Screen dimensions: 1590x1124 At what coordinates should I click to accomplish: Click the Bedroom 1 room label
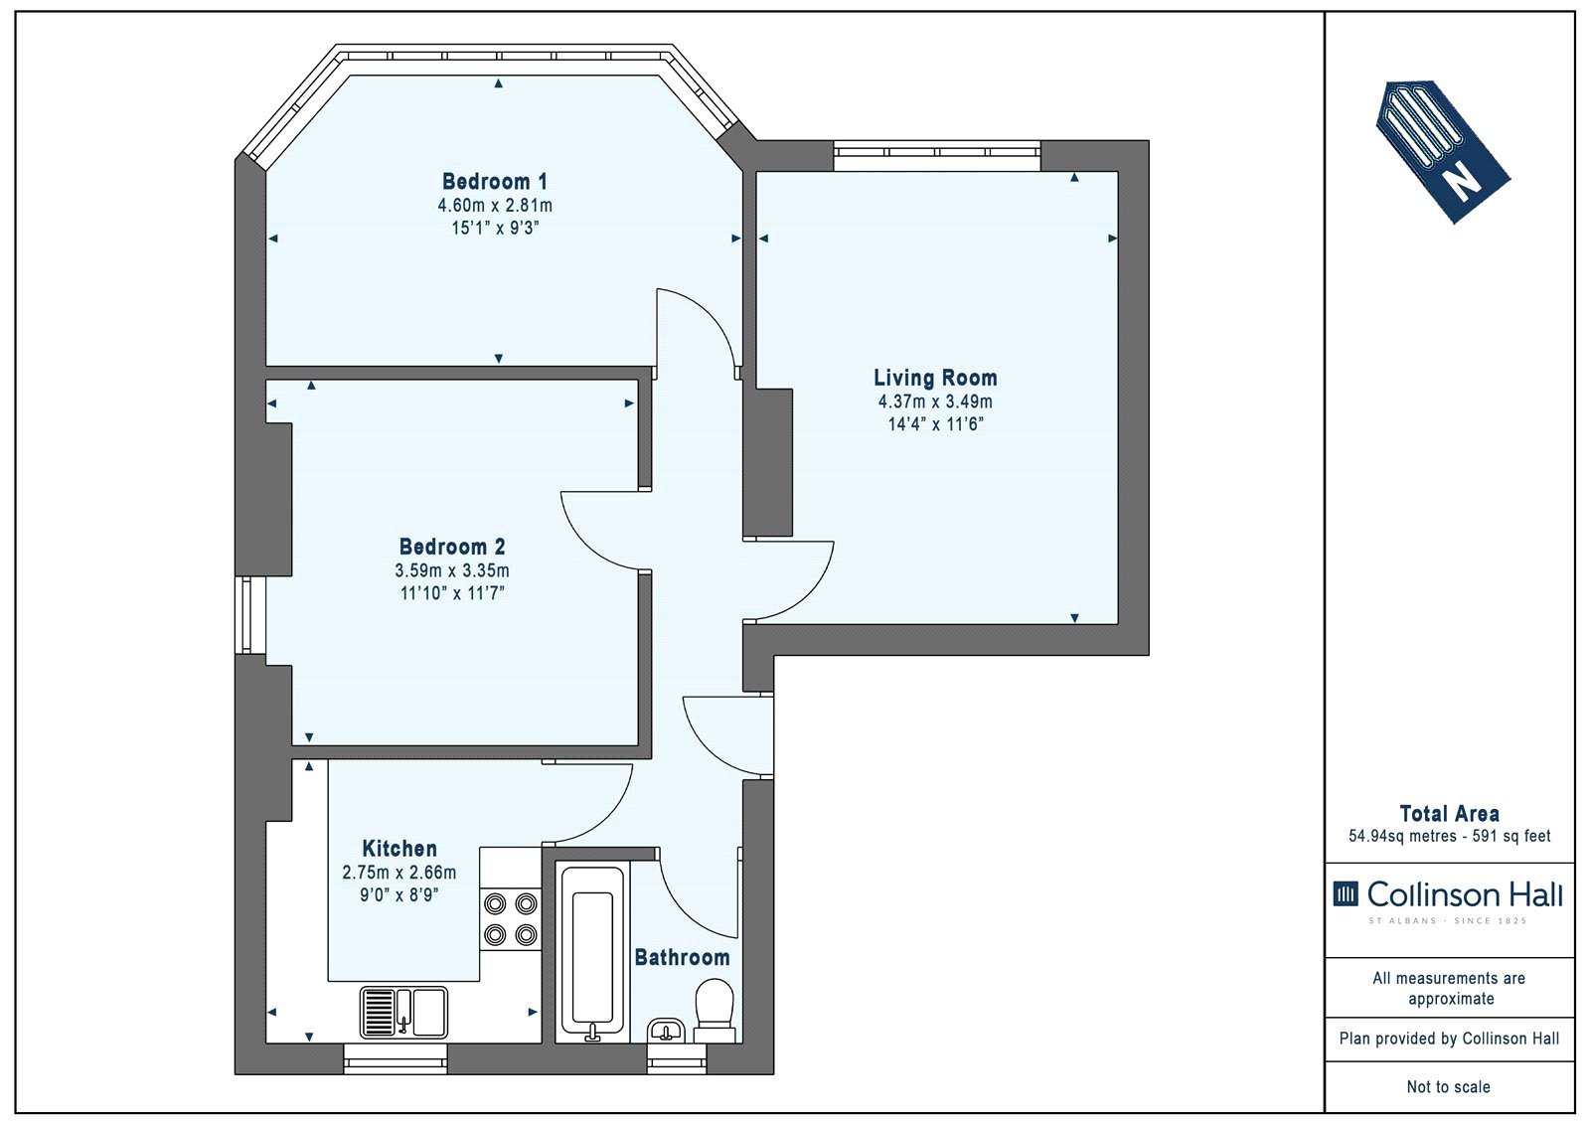pos(495,182)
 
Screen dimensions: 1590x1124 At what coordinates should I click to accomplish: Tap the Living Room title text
pos(935,378)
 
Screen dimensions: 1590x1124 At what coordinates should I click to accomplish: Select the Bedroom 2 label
pos(452,547)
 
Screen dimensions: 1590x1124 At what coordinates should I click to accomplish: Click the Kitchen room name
pos(399,849)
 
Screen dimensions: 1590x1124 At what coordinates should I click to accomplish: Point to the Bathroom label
pos(682,958)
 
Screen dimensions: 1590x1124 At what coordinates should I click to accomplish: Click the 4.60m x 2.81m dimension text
pos(495,206)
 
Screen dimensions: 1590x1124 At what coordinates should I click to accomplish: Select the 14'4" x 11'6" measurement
pos(935,424)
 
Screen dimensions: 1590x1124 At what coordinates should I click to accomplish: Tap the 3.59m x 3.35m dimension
pos(452,570)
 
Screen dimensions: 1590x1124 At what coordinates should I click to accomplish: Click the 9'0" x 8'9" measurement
pos(398,895)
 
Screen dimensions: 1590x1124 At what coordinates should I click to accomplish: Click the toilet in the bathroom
pos(715,1011)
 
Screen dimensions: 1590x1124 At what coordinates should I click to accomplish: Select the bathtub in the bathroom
pos(592,951)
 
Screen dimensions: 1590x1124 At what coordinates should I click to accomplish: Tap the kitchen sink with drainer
pos(403,1013)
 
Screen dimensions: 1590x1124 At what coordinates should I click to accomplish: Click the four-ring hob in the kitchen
pos(511,919)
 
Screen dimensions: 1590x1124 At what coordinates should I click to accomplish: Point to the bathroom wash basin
pos(666,1031)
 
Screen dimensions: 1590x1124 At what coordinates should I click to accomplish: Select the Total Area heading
pos(1450,814)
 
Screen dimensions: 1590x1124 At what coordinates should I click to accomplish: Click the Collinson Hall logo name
pos(1465,894)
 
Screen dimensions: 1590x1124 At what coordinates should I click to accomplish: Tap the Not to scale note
pos(1449,1087)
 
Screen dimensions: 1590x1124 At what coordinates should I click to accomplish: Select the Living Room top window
pos(937,155)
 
